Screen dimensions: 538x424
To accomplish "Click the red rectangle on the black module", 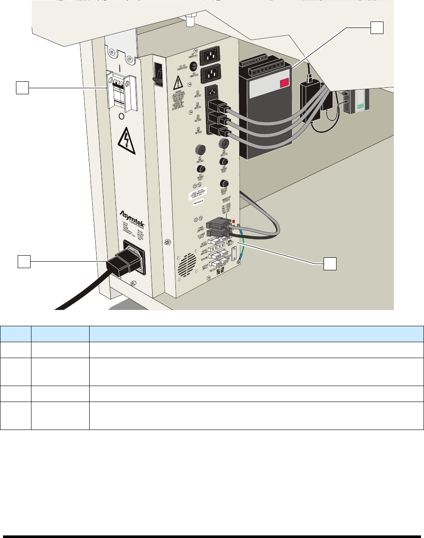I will pos(285,83).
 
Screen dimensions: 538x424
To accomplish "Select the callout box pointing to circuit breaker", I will pos(22,88).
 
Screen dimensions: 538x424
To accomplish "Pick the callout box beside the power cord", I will pos(24,261).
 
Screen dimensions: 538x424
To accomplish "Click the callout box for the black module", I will pos(377,28).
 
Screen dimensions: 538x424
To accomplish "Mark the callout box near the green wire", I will pos(330,264).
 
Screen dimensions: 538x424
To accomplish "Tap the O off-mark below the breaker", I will pos(121,117).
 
